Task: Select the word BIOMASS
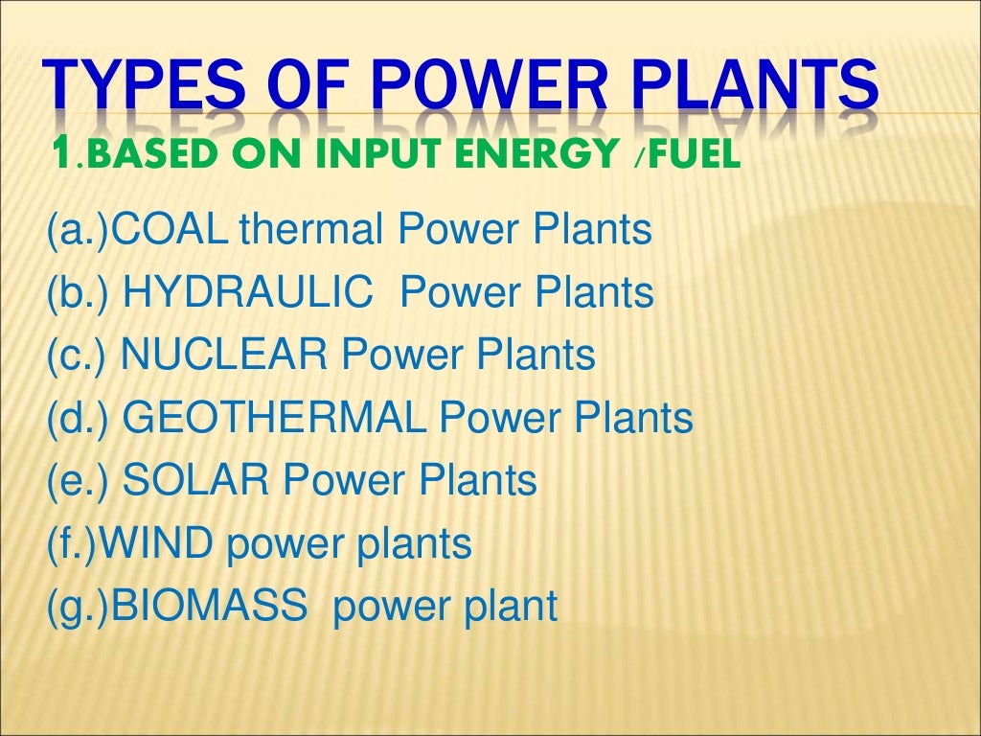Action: pyautogui.click(x=210, y=607)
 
